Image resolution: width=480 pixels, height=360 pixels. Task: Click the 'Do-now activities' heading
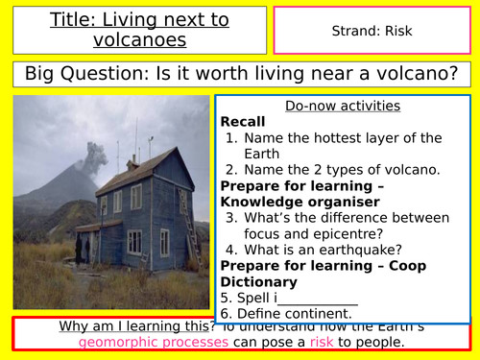click(343, 106)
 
